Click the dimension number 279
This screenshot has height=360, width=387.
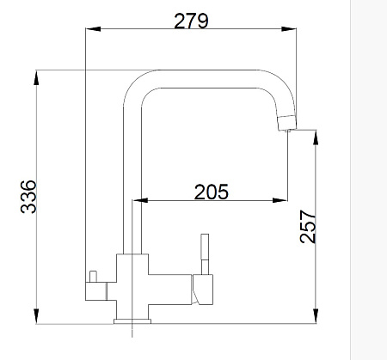[191, 21]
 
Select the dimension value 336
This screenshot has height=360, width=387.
[28, 197]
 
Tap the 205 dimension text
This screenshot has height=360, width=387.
[212, 192]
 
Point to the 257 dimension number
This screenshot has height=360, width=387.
[308, 227]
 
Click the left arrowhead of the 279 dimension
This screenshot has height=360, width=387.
[93, 29]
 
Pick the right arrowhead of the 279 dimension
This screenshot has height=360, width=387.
[289, 29]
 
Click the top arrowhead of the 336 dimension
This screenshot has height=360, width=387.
[36, 77]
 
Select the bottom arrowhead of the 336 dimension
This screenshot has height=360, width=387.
[36, 316]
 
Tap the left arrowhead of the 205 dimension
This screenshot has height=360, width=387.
[140, 200]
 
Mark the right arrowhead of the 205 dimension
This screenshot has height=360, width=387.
[279, 200]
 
